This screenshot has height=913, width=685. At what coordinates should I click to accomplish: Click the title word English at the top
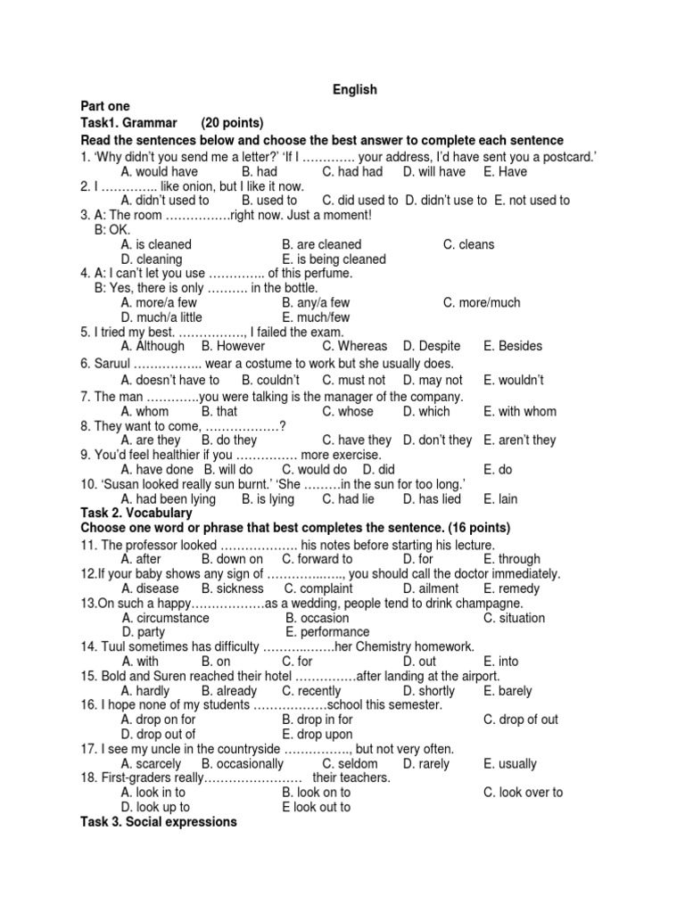pos(355,89)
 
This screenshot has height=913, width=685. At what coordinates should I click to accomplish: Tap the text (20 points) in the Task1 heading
pos(232,122)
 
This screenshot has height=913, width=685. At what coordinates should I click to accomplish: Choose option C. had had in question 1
pos(352,171)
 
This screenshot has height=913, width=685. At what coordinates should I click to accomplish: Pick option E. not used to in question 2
pos(526,200)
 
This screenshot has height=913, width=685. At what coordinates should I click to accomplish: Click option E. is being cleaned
pos(334,259)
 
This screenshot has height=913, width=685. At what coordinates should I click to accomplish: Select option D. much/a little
pos(161,317)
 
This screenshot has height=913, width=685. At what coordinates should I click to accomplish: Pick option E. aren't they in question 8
pos(519,440)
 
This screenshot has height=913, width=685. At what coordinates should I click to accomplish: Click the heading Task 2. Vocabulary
pos(136,514)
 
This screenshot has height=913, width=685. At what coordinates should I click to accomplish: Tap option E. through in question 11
pos(512,559)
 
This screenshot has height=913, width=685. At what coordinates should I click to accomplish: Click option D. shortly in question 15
pos(429,690)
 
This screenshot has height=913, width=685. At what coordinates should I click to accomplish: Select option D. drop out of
pos(158,734)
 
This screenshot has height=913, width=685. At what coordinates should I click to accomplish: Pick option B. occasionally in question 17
pos(243,763)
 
